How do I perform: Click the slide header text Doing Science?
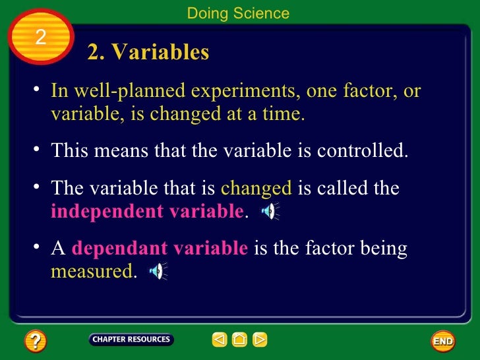(x=238, y=13)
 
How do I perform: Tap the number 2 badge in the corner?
(x=40, y=38)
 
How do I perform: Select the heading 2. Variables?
(x=148, y=53)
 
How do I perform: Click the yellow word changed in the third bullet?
(x=256, y=189)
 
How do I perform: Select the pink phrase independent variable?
(x=147, y=212)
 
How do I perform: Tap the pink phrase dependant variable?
(x=160, y=249)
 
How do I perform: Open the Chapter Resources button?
(x=131, y=340)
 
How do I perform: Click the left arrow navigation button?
(x=220, y=340)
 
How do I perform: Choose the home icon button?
(x=240, y=340)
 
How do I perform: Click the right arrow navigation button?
(x=260, y=340)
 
